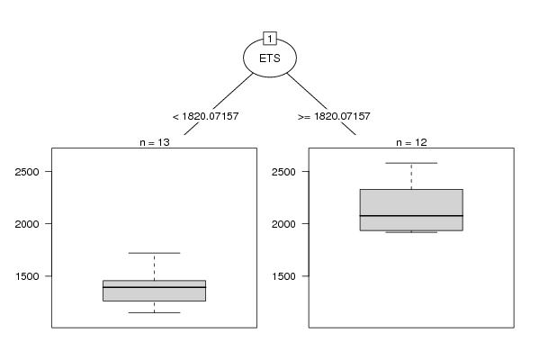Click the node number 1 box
tap(270, 39)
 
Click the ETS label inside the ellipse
tap(270, 58)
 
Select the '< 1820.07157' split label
tap(205, 116)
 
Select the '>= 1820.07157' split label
tap(334, 116)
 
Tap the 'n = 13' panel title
tap(155, 142)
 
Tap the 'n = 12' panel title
tap(411, 142)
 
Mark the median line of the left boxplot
tap(155, 287)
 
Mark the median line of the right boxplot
tap(411, 216)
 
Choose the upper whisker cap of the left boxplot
tap(155, 253)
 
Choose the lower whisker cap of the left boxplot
tap(155, 312)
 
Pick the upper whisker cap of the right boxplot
tap(411, 163)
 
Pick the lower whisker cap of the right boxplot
tap(411, 232)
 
